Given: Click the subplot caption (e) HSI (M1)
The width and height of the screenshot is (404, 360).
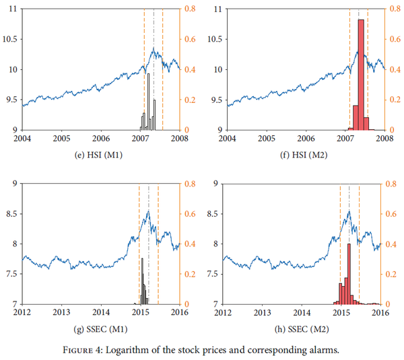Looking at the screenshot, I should tap(101, 154).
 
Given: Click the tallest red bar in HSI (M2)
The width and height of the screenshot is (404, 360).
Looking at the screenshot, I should tap(361, 74).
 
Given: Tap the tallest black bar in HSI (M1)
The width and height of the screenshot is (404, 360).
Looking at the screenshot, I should tap(148, 101).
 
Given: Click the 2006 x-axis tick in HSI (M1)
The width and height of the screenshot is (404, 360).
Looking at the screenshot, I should tap(101, 138).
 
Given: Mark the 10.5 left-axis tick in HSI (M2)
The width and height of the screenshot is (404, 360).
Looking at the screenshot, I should tap(214, 39).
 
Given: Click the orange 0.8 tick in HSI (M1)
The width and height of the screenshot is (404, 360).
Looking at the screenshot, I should tap(191, 9).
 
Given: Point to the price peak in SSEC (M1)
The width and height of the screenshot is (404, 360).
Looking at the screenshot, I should tap(148, 211).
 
